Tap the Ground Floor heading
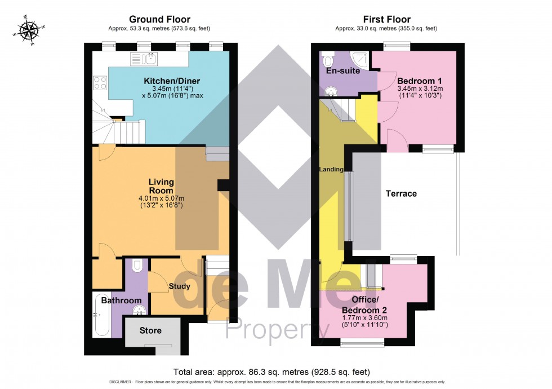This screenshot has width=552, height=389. coord(159,20)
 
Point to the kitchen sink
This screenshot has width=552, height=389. coord(145,58)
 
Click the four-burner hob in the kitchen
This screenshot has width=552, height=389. coord(100,83)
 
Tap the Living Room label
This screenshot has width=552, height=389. coord(161,186)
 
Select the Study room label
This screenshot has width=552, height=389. coord(179,286)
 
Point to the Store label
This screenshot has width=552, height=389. coord(150,330)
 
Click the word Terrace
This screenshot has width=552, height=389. coord(401,193)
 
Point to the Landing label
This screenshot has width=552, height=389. coord(331,169)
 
